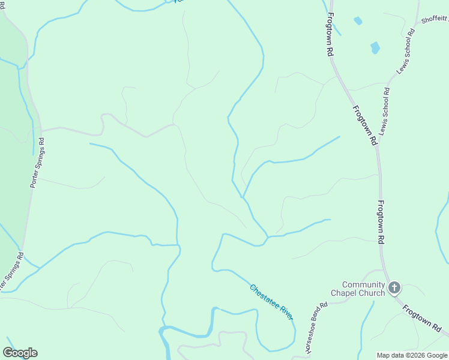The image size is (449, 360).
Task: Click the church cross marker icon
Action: (x=394, y=288)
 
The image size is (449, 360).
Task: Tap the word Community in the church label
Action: (x=364, y=284)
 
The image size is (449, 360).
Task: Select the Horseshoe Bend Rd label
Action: (x=316, y=328)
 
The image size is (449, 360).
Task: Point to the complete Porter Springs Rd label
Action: (x=37, y=163)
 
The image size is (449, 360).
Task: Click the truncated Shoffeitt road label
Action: (x=434, y=19)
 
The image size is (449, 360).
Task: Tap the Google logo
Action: (x=20, y=353)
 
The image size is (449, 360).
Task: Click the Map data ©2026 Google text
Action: (x=412, y=355)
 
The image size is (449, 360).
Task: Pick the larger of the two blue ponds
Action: (x=375, y=47)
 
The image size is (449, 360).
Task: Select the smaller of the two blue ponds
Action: (x=358, y=20)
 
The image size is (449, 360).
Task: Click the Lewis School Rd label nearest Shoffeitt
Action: (x=406, y=53)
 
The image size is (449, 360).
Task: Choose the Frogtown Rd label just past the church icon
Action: (x=422, y=318)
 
